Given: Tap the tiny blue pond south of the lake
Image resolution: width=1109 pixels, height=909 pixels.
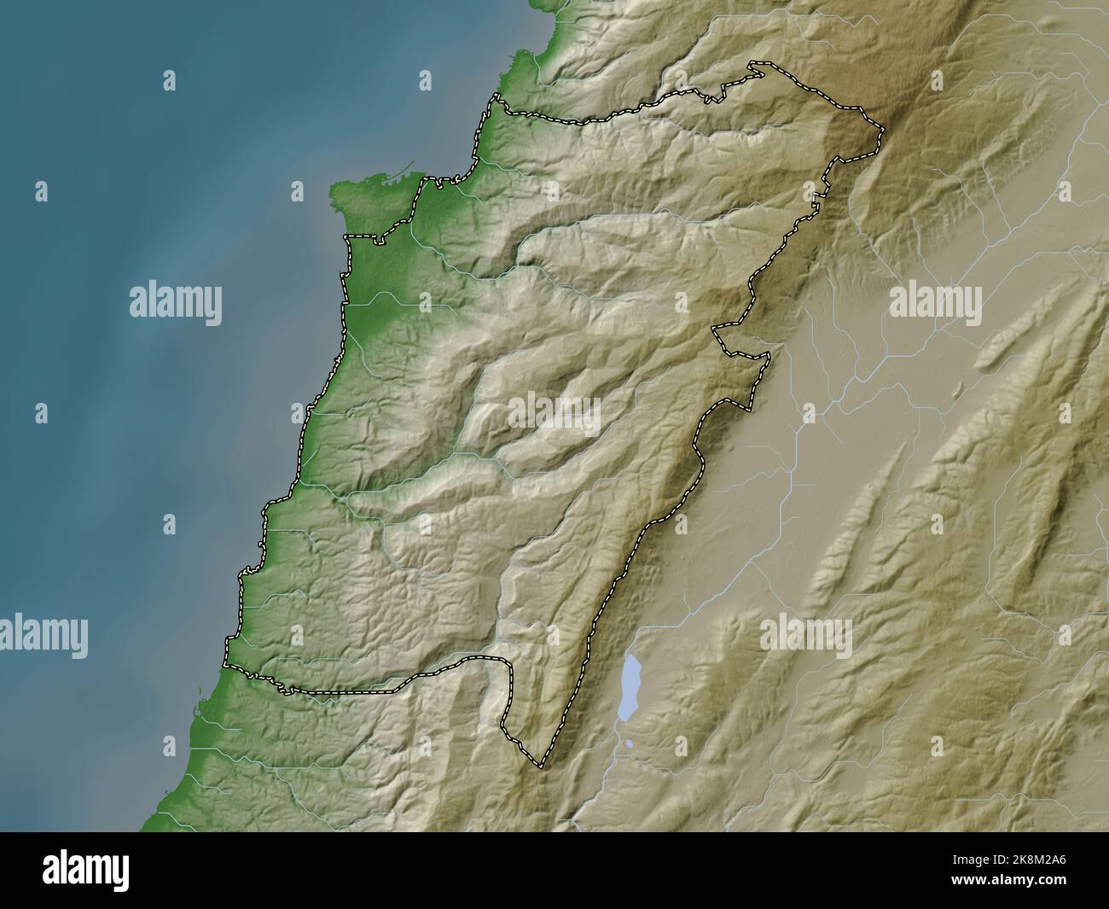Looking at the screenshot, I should (629, 744).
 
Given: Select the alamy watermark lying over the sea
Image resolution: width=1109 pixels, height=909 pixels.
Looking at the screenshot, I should (176, 303).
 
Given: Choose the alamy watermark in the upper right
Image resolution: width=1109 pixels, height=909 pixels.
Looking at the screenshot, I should (935, 303).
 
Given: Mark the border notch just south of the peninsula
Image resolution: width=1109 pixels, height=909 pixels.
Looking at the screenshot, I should (345, 237).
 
